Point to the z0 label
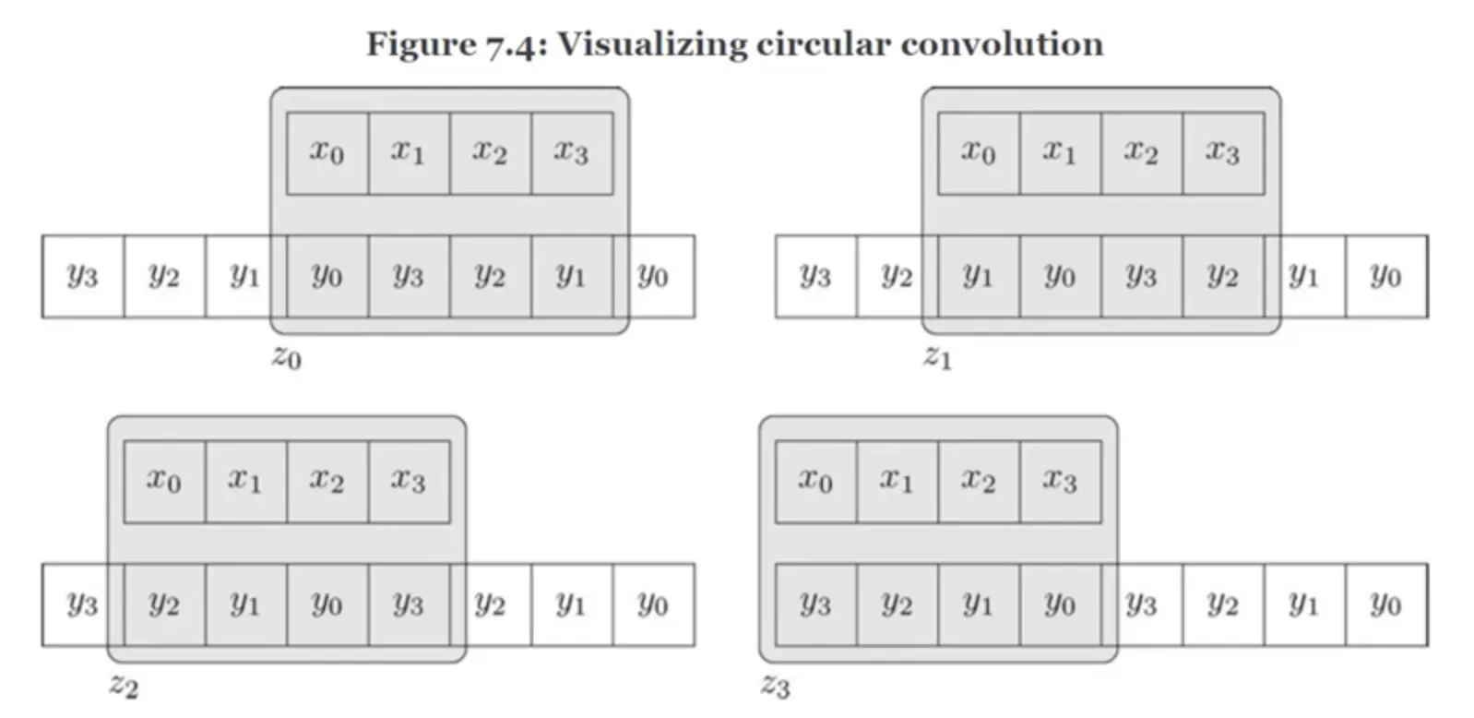point(286,356)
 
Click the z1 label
point(937,356)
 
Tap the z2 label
point(124,686)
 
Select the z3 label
point(775,686)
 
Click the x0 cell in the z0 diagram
point(327,153)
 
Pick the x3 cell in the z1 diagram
point(1223,153)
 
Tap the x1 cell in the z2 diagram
point(245,482)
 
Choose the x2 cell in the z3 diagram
point(979,482)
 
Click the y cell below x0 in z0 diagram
point(327,276)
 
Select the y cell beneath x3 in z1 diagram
point(1223,276)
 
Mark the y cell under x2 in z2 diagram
point(327,604)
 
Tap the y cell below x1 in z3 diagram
point(897,604)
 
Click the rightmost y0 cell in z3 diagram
point(1385,604)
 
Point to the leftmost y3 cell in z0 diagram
point(83,276)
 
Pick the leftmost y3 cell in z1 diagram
point(815,276)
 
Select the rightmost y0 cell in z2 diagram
point(653,604)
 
